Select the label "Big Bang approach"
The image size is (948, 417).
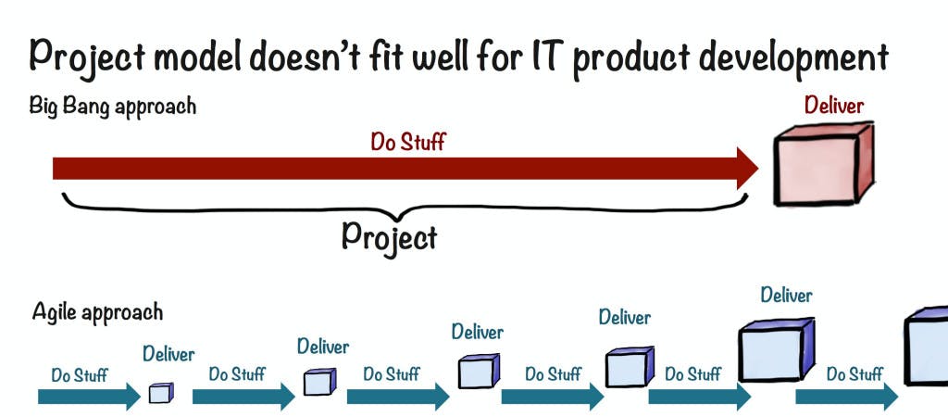pos(113,106)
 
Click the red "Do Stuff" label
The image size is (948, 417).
pos(408,142)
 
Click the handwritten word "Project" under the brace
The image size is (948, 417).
pos(389,236)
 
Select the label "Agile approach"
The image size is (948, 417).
pos(97,312)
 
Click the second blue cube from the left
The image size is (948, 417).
pos(318,382)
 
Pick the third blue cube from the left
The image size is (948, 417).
pos(478,372)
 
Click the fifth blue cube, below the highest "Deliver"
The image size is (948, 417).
pos(776,349)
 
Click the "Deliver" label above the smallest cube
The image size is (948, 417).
pos(168,355)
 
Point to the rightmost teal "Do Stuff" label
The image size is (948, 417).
pos(854,374)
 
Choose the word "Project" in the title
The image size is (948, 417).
pos(86,57)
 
